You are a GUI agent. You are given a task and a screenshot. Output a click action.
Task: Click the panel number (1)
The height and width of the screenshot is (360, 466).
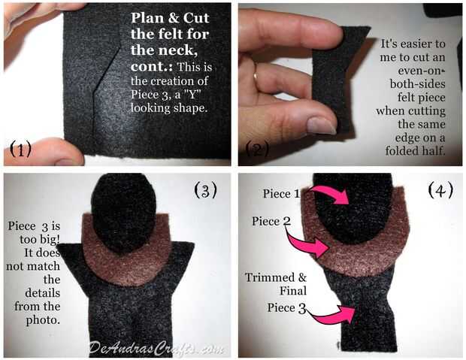[21, 149]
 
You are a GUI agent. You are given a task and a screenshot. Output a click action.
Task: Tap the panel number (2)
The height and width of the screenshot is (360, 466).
[257, 149]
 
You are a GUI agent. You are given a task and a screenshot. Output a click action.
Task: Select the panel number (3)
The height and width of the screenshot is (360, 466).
[205, 190]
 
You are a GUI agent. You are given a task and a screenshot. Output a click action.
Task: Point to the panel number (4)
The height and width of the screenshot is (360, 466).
[440, 190]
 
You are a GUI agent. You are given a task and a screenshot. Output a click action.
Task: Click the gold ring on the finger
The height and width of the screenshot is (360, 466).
[256, 78]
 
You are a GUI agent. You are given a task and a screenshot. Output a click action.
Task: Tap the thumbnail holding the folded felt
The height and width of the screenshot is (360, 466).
[321, 126]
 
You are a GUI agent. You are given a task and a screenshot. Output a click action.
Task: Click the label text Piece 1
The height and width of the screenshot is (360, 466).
[281, 194]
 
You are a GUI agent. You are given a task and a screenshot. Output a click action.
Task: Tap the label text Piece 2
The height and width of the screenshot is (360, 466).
[271, 221]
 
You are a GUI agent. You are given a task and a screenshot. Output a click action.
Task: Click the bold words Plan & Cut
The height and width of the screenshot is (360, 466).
[170, 18]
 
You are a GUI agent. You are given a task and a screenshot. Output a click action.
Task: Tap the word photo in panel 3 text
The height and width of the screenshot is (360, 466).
[43, 320]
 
